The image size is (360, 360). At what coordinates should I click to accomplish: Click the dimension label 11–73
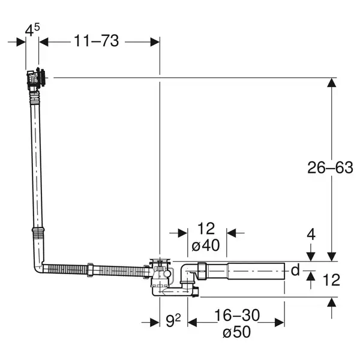[x=97, y=41]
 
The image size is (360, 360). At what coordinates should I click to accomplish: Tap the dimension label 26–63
[x=330, y=167]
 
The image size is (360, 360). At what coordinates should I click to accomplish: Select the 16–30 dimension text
[x=237, y=315]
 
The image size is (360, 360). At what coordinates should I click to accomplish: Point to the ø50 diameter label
[x=236, y=332]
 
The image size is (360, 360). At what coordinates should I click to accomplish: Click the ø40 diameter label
[x=205, y=245]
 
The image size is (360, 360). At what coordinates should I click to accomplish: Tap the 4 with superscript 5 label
[x=32, y=30]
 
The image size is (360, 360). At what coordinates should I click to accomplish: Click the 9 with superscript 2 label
[x=173, y=320]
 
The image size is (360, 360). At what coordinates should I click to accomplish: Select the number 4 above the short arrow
[x=311, y=235]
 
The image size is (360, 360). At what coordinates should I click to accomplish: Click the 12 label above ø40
[x=206, y=229]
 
